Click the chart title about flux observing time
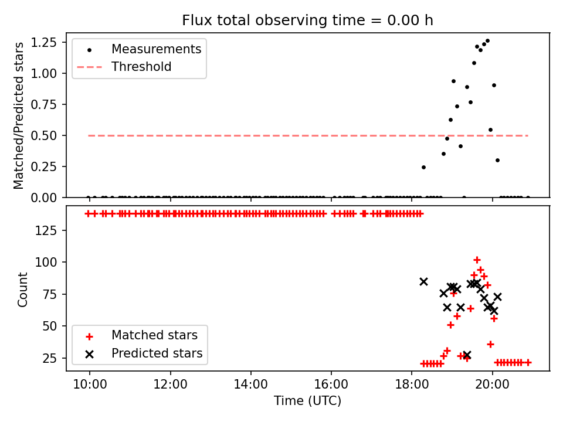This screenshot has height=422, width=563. pyautogui.click(x=307, y=20)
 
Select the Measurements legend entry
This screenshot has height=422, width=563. pyautogui.click(x=156, y=49)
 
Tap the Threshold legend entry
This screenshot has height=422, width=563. pyautogui.click(x=141, y=67)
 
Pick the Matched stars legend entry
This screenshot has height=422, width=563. pyautogui.click(x=154, y=336)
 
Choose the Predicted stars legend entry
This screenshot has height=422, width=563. pyautogui.click(x=157, y=353)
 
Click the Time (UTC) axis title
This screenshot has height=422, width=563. pyautogui.click(x=307, y=401)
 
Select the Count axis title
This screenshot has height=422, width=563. pyautogui.click(x=23, y=289)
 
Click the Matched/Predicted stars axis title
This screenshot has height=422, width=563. pyautogui.click(x=19, y=115)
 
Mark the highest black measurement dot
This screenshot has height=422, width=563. pyautogui.click(x=487, y=40)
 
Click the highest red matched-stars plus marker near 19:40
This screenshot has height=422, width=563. pyautogui.click(x=477, y=260)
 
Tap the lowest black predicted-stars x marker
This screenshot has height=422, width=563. pyautogui.click(x=467, y=355)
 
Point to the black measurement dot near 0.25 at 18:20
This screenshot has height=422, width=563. pyautogui.click(x=423, y=167)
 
